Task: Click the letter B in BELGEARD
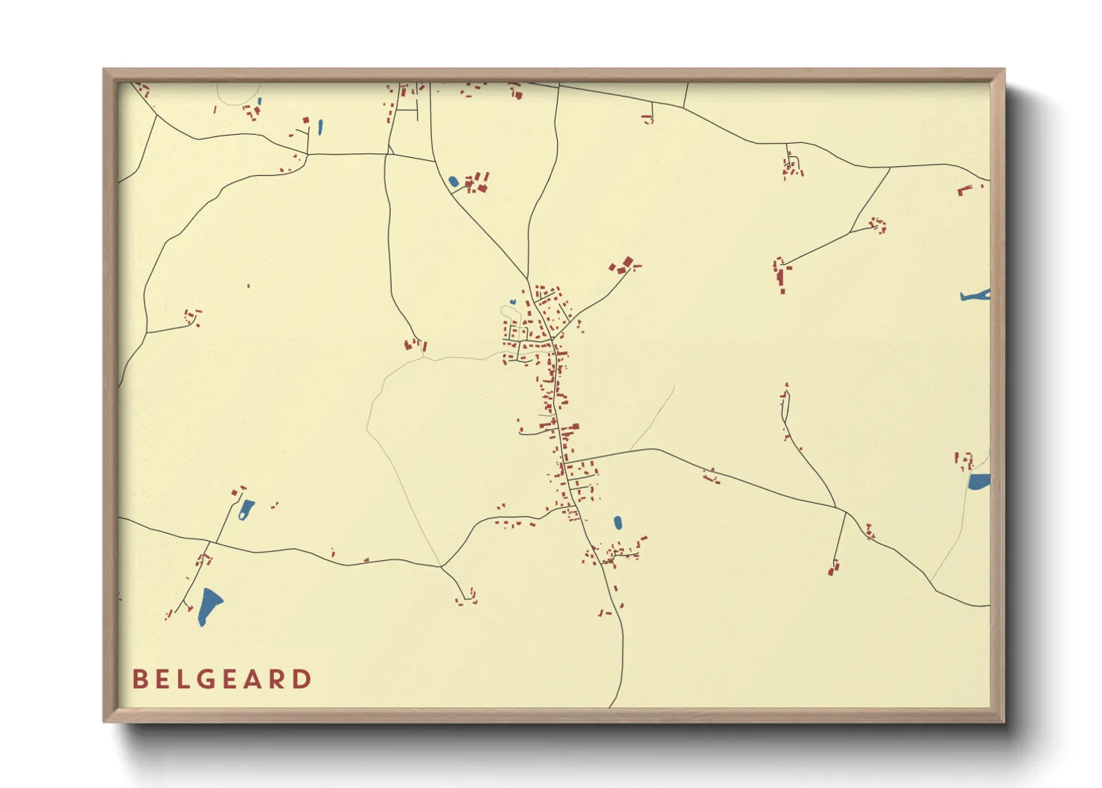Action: click(x=139, y=679)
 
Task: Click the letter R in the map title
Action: click(x=279, y=679)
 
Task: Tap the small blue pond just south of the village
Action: click(x=618, y=523)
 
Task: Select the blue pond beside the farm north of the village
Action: click(x=453, y=181)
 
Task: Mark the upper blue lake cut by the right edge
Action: click(x=976, y=296)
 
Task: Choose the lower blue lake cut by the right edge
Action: click(x=979, y=482)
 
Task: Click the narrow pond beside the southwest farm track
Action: click(x=245, y=509)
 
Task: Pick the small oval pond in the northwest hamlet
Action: click(x=320, y=127)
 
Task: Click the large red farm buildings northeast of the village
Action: click(x=622, y=265)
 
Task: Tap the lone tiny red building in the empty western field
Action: click(x=248, y=285)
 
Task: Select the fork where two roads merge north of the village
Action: click(x=527, y=279)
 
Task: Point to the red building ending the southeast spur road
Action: click(x=832, y=571)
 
